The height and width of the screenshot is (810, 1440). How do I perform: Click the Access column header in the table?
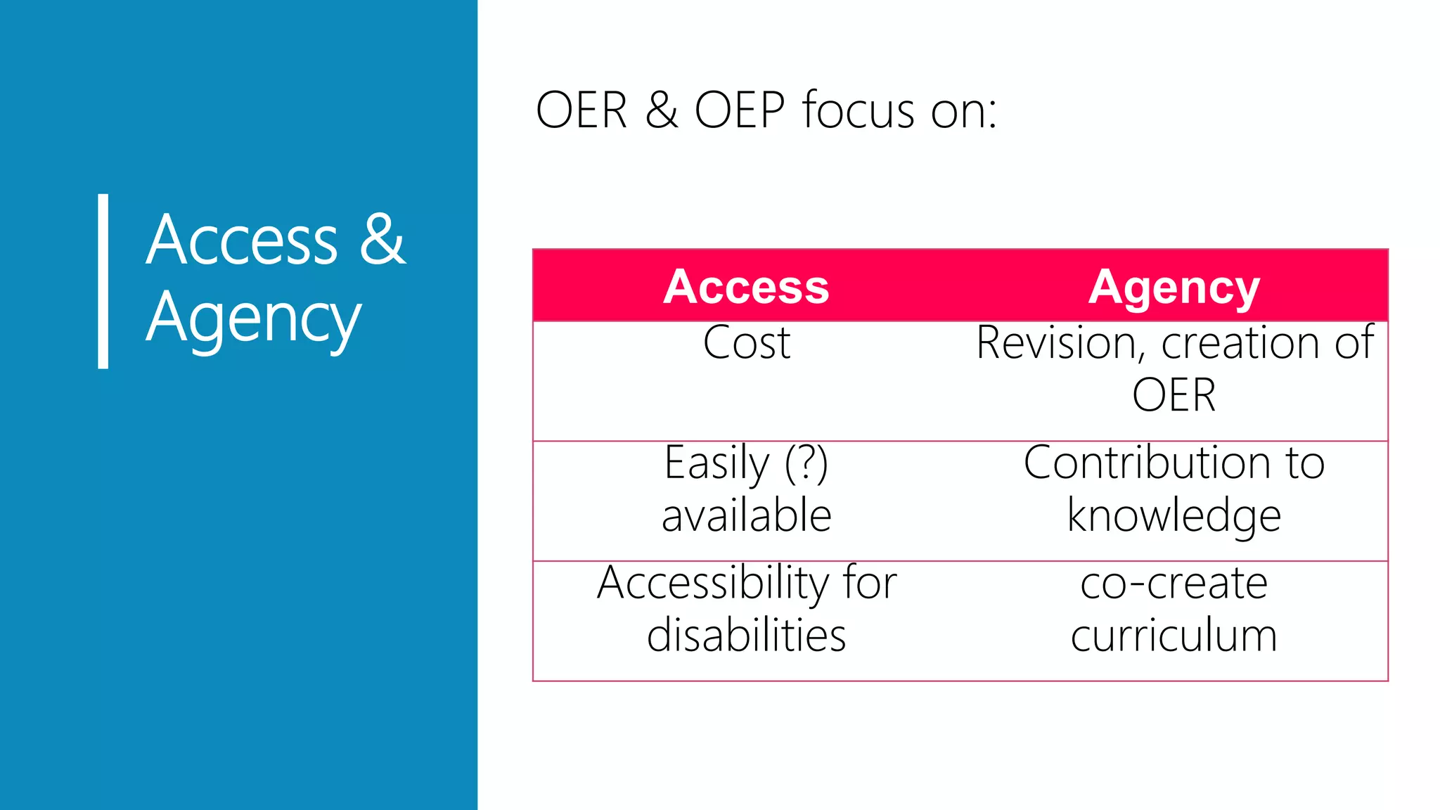coord(746,287)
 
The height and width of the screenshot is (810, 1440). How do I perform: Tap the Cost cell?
coord(747,343)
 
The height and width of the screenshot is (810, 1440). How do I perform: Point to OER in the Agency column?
coord(1174,395)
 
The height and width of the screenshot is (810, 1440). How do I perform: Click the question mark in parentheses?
coord(806,463)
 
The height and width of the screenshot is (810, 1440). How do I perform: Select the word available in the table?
coord(747,515)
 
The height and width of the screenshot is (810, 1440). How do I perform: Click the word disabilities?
coord(746,636)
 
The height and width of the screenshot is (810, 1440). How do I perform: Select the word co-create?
coord(1174,584)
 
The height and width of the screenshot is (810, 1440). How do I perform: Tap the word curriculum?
coord(1174,636)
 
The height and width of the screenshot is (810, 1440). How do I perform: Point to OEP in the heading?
coord(739,111)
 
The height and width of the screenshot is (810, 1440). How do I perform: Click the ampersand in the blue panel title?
coord(382,239)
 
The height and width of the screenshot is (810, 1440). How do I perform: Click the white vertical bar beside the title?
coord(103,281)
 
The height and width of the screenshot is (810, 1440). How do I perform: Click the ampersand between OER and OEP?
coord(661,111)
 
